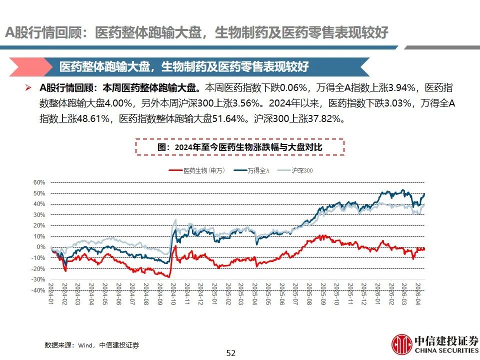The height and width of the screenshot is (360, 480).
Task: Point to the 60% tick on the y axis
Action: [39, 182]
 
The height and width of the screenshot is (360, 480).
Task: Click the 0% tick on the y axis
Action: [41, 247]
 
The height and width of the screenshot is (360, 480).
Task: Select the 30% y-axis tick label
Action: [39, 215]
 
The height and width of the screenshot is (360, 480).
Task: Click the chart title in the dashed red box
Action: [240, 147]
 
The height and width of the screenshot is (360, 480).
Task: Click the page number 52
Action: [230, 353]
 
